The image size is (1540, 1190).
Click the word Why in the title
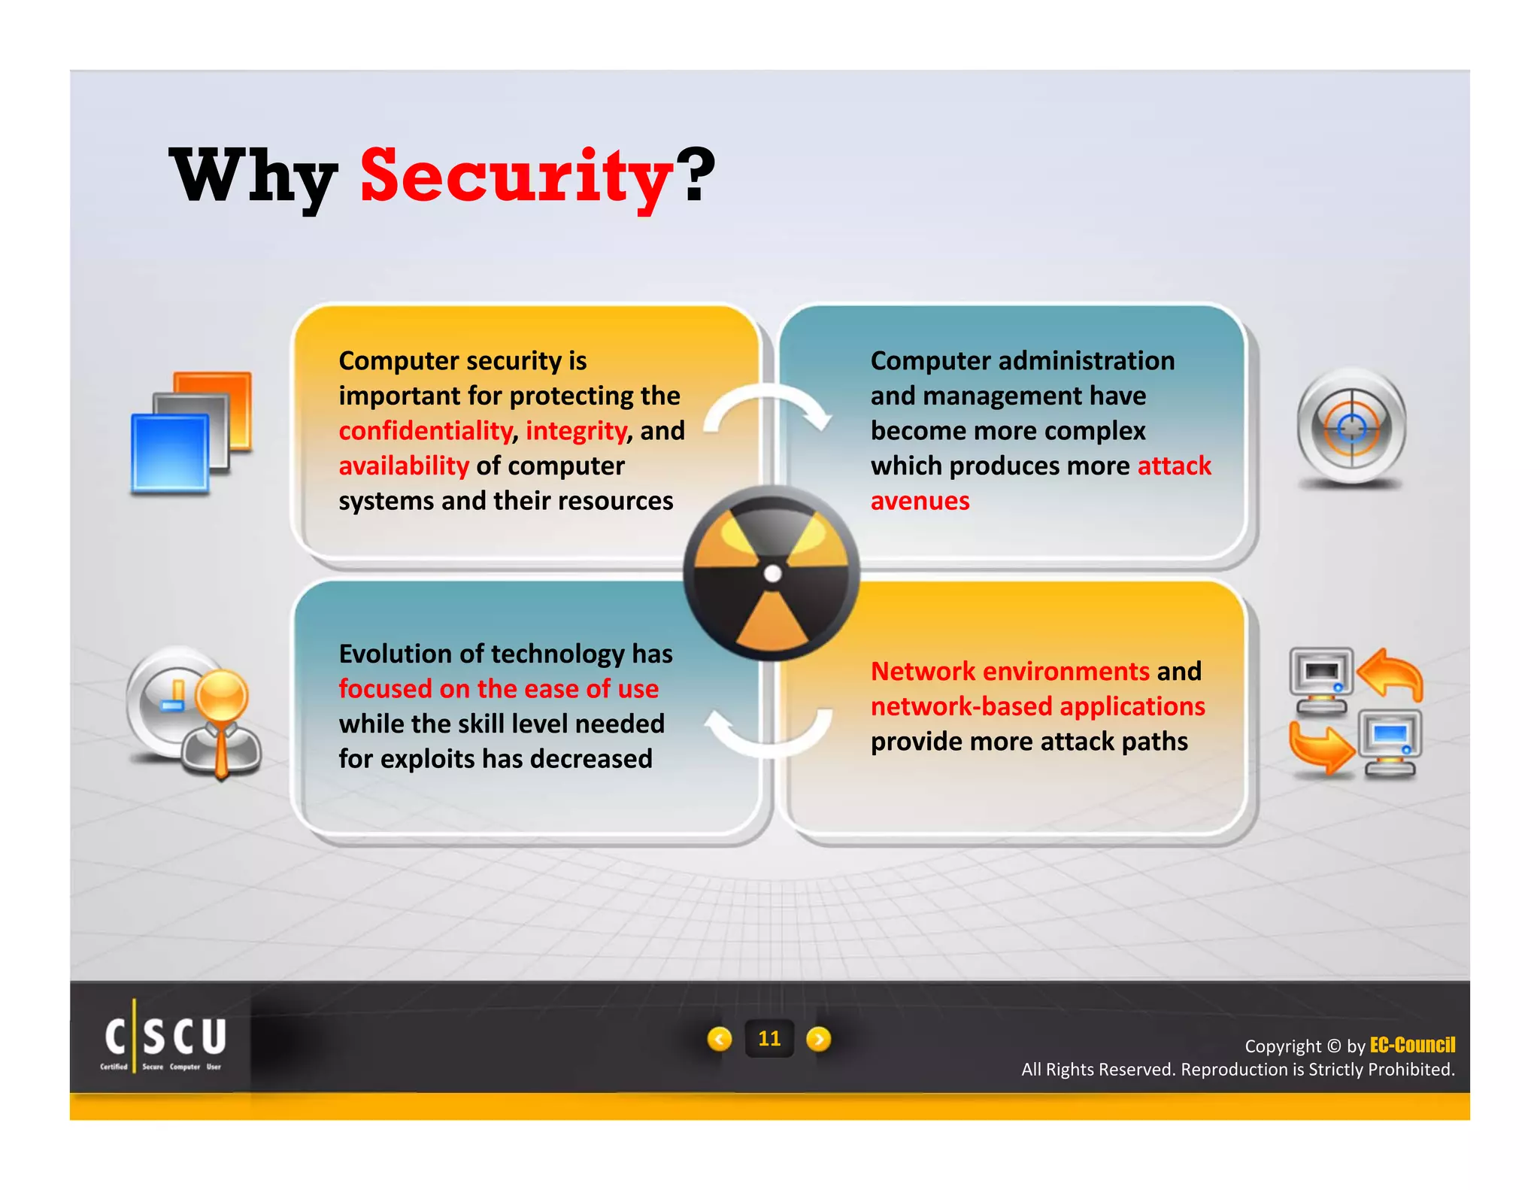pyautogui.click(x=253, y=178)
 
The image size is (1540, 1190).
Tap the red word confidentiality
pyautogui.click(x=425, y=431)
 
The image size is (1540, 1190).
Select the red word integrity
pyautogui.click(x=576, y=431)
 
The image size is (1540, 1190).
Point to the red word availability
pyautogui.click(x=404, y=466)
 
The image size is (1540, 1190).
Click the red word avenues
pyautogui.click(x=920, y=501)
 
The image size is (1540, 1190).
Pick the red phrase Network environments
pyautogui.click(x=1010, y=671)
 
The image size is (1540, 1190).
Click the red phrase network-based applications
pyautogui.click(x=1038, y=706)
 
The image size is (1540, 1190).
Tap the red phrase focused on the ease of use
pyautogui.click(x=498, y=689)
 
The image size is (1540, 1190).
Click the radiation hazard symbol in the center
pyautogui.click(x=772, y=574)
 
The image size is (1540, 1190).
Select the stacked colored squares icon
pyautogui.click(x=191, y=433)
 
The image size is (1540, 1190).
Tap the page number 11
pyautogui.click(x=769, y=1039)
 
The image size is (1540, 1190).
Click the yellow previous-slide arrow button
pyautogui.click(x=720, y=1039)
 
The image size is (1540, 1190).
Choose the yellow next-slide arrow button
pyautogui.click(x=819, y=1039)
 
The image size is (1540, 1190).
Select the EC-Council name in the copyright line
pyautogui.click(x=1412, y=1045)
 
